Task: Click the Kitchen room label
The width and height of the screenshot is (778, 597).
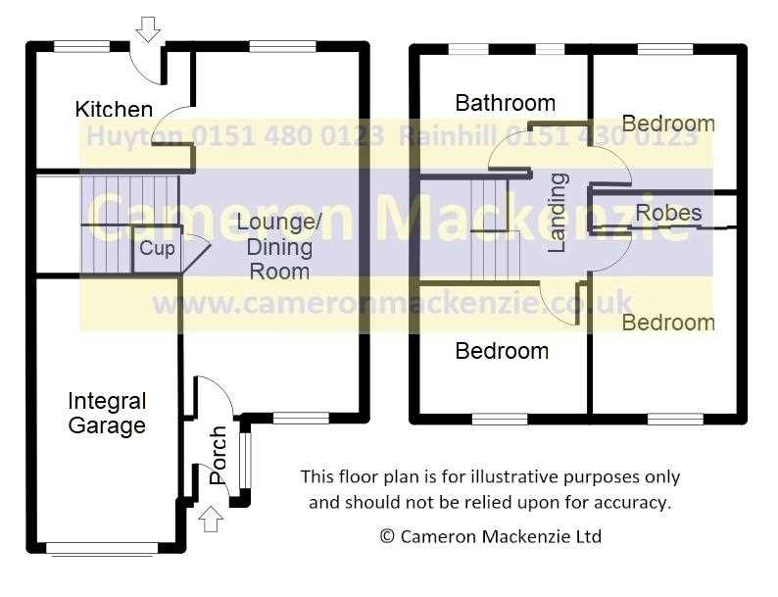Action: pos(114,109)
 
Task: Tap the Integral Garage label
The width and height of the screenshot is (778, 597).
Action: pos(107,414)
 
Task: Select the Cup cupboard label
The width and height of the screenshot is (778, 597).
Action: pos(158,249)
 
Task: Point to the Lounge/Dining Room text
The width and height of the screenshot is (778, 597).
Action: pos(279,247)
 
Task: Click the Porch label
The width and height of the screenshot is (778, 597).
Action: pos(219,455)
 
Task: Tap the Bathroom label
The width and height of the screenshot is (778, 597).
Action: pos(505,103)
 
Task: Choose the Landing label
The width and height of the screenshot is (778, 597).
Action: pos(558,213)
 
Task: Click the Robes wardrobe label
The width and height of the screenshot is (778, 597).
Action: pos(669,213)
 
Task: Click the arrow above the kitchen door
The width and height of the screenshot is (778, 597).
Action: pos(148,28)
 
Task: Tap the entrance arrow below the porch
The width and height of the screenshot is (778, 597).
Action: pos(211,520)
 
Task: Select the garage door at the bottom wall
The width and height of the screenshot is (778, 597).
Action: pos(102,548)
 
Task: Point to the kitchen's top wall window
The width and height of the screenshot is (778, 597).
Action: pos(82,47)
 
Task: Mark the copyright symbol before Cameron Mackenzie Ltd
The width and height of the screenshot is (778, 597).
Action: pos(387,536)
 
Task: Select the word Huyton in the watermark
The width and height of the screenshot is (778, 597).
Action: pos(135,136)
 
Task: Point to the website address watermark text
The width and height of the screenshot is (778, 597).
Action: pos(392,303)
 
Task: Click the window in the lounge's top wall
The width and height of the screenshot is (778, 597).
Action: pos(282,47)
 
